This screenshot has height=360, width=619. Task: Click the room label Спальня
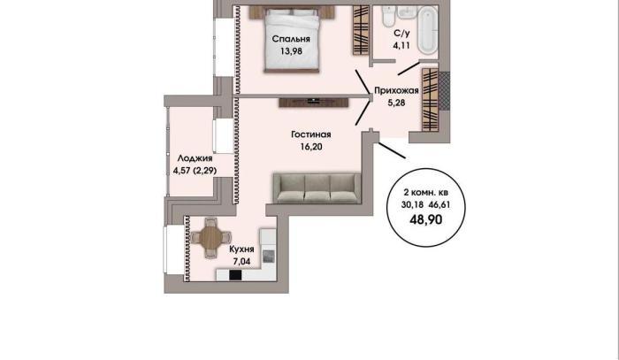click(291, 39)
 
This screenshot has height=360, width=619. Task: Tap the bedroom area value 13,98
click(291, 51)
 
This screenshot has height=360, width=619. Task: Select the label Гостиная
click(311, 134)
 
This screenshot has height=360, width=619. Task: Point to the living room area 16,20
click(311, 147)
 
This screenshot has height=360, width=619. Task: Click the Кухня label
click(241, 249)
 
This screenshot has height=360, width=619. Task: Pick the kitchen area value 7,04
click(241, 261)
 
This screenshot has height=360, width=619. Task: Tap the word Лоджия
click(195, 158)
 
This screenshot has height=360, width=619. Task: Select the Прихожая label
click(396, 91)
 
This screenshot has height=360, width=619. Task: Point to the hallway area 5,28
click(396, 103)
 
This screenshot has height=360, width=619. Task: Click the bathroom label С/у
click(401, 33)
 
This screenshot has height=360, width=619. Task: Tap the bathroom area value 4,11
click(401, 45)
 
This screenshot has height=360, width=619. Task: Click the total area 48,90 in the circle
click(426, 219)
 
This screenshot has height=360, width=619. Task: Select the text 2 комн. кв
click(426, 193)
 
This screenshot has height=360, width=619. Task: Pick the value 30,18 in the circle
click(412, 205)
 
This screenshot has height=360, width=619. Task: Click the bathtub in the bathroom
click(428, 30)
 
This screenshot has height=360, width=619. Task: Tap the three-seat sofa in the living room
click(317, 188)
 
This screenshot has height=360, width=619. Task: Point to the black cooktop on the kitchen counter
click(235, 275)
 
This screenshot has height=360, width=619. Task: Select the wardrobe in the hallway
click(431, 99)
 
